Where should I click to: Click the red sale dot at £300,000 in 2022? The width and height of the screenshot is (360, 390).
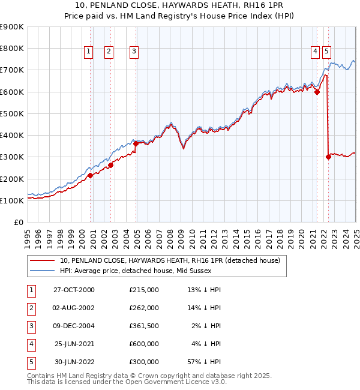coord(328,157)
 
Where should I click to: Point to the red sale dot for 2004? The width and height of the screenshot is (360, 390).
coord(136,143)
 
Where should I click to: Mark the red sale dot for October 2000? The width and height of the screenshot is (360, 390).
coord(91,175)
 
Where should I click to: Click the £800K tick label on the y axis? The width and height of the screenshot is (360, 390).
coord(12,48)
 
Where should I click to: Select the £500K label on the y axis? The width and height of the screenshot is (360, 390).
coord(12,113)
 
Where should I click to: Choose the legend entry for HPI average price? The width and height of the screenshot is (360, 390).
coord(163,271)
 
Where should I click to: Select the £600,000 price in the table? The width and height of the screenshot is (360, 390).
coord(144,344)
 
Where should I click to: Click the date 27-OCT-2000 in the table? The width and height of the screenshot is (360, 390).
coord(74,290)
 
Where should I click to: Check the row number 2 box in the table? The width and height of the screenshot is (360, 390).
coord(30,308)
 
